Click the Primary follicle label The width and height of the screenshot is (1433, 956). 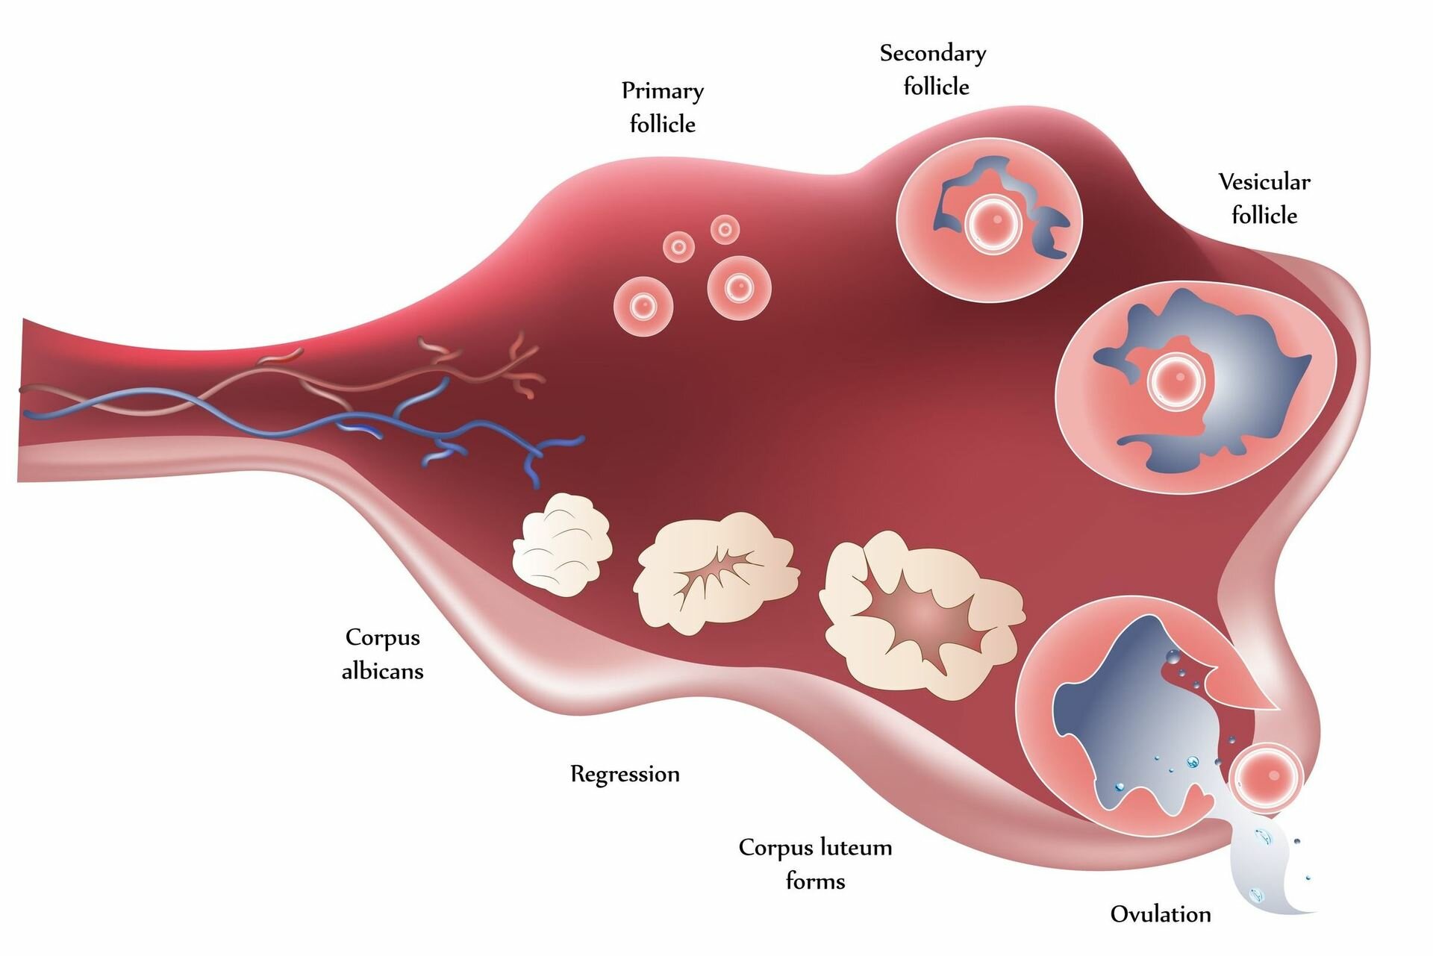[663, 107]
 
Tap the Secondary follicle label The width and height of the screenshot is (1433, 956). [934, 70]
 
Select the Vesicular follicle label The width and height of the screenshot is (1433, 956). [1264, 199]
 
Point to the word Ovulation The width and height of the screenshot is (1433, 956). [1161, 914]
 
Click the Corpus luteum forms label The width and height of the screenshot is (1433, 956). [816, 864]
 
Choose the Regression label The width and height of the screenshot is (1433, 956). [625, 774]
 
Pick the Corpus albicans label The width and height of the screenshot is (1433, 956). [383, 654]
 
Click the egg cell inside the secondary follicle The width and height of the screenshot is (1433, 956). [993, 222]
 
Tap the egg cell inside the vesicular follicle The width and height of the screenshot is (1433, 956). [1177, 379]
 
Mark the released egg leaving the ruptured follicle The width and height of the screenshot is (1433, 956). [1267, 778]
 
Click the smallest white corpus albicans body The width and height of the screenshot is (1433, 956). [562, 543]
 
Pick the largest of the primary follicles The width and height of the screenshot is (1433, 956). [739, 288]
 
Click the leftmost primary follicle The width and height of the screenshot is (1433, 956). [643, 306]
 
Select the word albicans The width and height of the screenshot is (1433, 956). [383, 671]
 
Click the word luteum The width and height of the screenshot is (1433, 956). [855, 848]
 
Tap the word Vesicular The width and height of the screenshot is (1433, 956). [1264, 181]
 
